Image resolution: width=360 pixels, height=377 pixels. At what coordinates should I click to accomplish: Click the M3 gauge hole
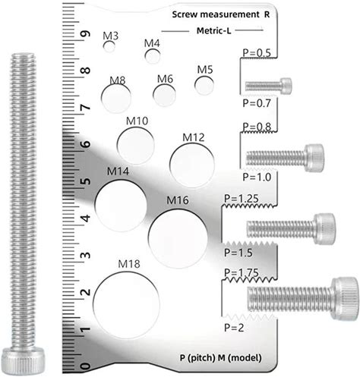tap(109, 46)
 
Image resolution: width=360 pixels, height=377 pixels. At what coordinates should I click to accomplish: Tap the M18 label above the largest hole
tap(129, 264)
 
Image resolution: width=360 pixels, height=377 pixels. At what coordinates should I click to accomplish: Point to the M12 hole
tap(192, 165)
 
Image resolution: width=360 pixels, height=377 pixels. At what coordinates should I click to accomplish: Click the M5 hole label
tap(205, 70)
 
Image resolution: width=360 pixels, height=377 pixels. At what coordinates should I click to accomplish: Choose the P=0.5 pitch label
tap(257, 53)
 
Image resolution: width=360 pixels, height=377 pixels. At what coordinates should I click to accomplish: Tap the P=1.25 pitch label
tap(242, 199)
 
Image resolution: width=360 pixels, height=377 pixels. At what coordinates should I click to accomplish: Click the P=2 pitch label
tap(234, 328)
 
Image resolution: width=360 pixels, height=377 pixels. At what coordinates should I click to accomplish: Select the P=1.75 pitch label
tap(242, 272)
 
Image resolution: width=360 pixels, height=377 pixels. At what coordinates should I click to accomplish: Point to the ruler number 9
tap(86, 34)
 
